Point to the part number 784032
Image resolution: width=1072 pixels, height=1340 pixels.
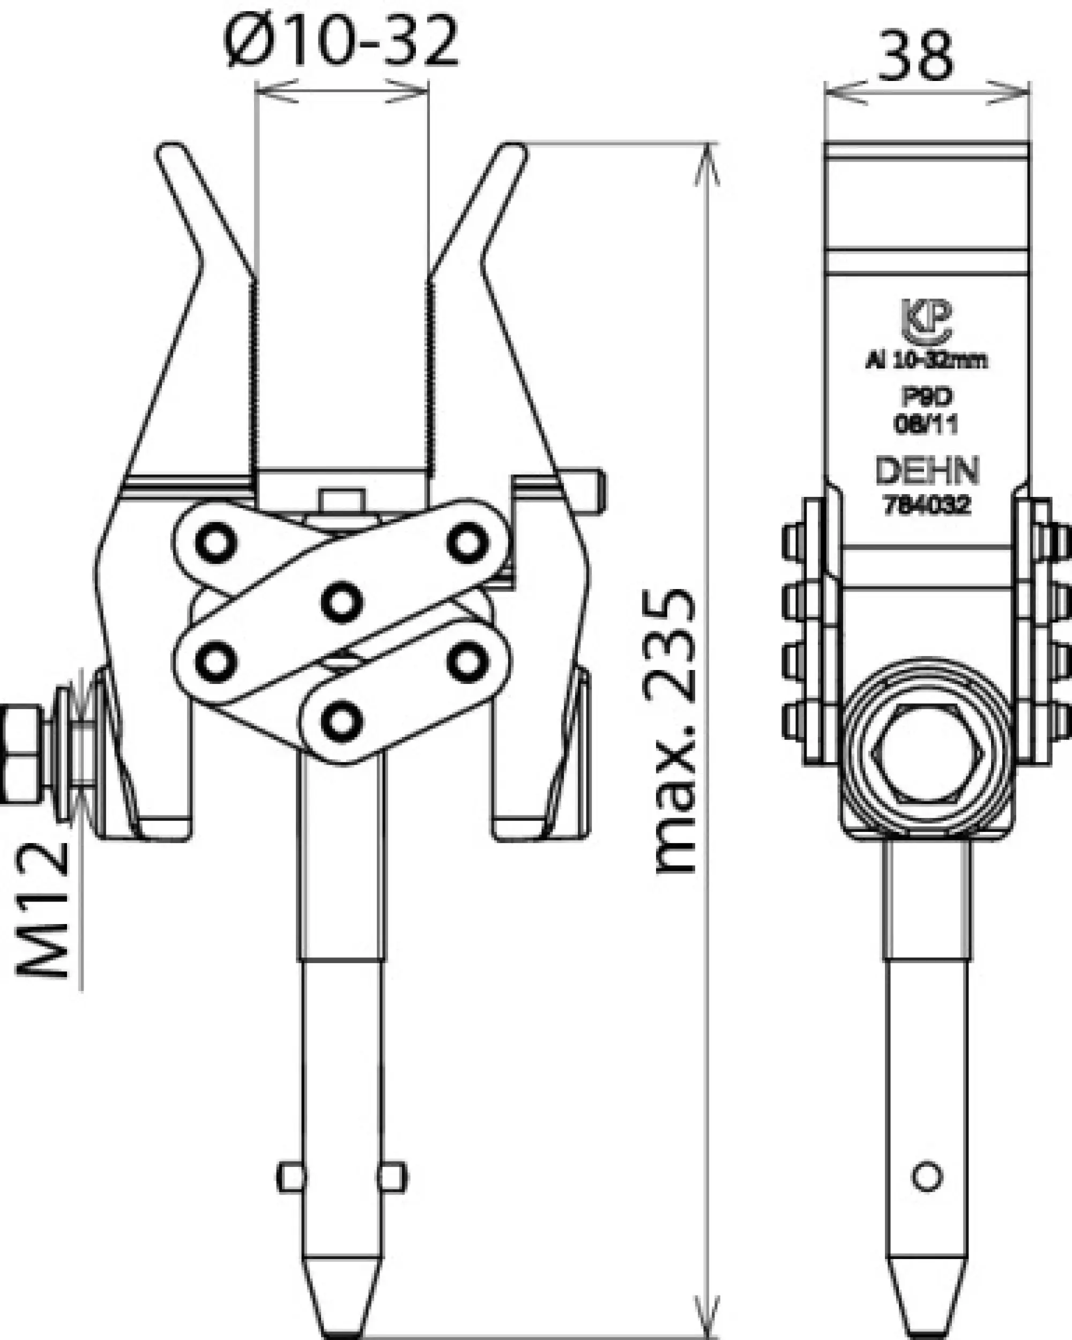pyautogui.click(x=927, y=505)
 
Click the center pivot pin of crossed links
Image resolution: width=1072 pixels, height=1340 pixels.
pyautogui.click(x=342, y=601)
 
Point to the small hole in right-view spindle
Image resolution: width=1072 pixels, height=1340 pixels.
pyautogui.click(x=927, y=1177)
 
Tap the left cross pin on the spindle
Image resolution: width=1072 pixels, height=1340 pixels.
pyautogui.click(x=289, y=1177)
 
